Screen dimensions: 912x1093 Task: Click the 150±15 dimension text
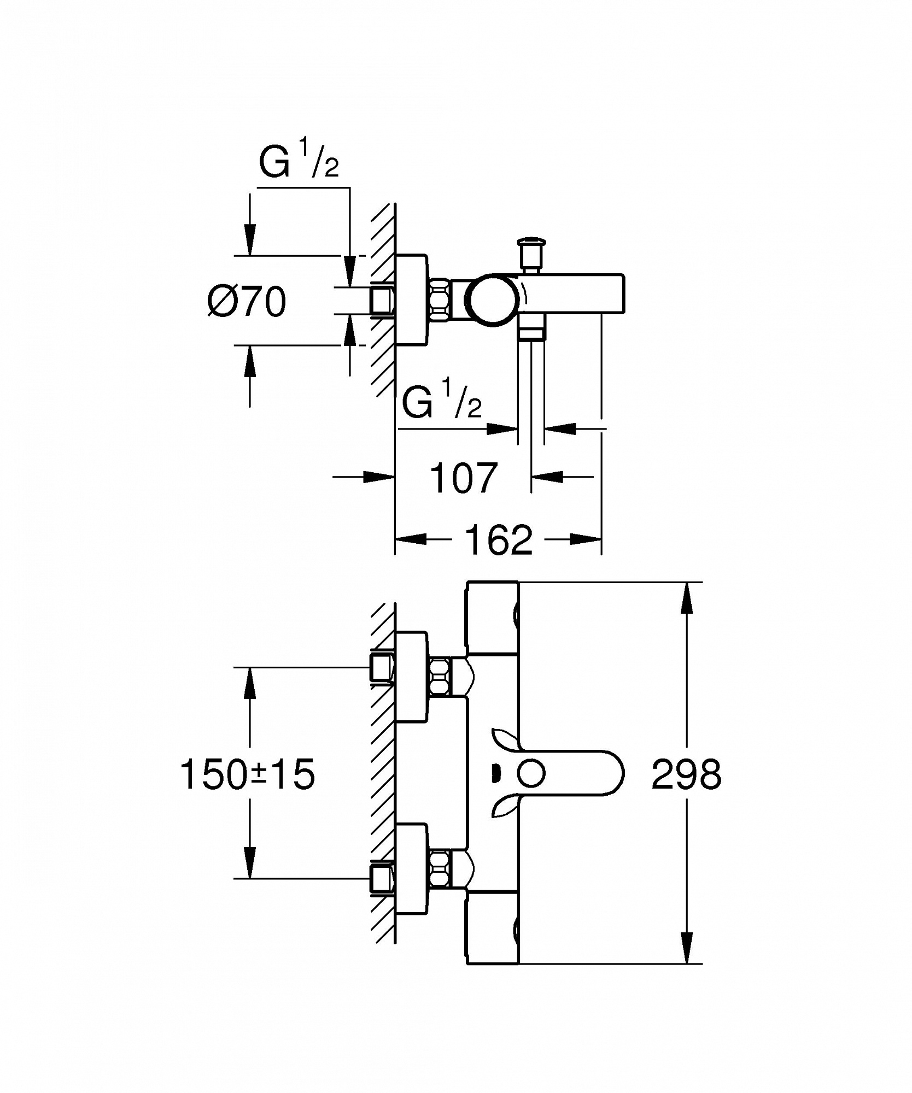pyautogui.click(x=248, y=774)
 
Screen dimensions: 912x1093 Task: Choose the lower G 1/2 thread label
pyautogui.click(x=442, y=401)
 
